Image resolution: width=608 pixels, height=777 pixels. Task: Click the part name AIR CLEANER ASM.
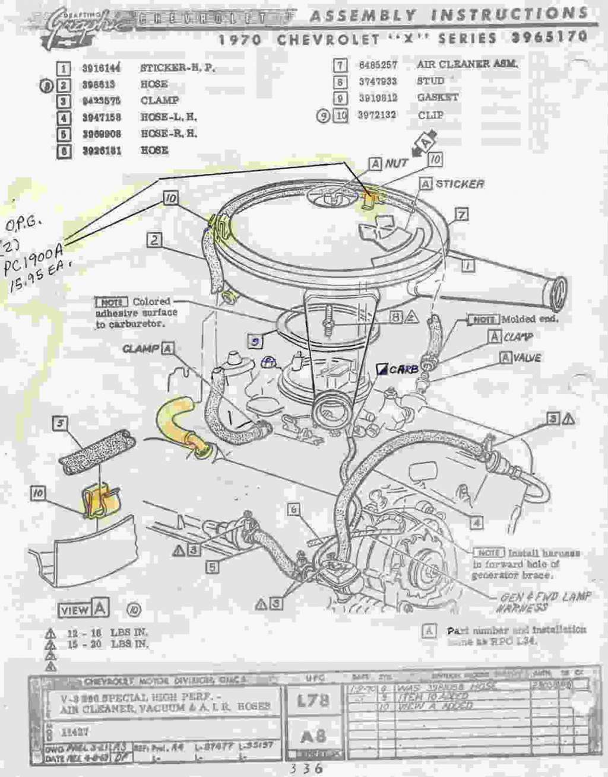pos(467,64)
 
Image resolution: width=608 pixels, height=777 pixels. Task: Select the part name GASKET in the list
pos(438,98)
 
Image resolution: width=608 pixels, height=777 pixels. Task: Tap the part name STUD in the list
pos(430,81)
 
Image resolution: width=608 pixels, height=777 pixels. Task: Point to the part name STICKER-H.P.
pos(178,68)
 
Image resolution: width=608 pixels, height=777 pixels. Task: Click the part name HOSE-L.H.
pos(169,117)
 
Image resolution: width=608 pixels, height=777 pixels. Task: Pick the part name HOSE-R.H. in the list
pos(169,134)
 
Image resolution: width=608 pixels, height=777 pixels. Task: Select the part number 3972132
pos(377,115)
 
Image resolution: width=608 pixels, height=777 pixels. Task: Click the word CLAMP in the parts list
pos(159,101)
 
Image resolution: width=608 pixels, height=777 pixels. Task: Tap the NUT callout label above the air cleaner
pos(396,163)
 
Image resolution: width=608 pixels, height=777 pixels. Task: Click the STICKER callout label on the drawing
pos(460,184)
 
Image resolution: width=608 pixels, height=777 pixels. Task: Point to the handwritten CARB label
pos(404,369)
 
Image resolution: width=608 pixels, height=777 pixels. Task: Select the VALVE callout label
pos(527,358)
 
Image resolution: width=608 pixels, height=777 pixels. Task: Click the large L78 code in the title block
pos(313,700)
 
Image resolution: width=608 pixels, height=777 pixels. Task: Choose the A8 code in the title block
pos(313,736)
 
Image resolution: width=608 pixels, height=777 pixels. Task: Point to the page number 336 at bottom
pos(306,768)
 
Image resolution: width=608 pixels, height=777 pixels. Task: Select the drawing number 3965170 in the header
pos(550,37)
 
